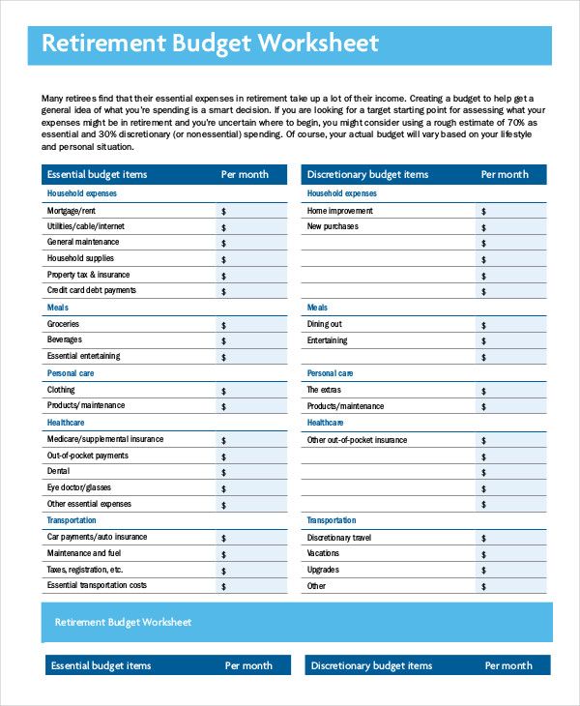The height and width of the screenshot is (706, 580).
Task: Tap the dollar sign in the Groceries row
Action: (x=223, y=325)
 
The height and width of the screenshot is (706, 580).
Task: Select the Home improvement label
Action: (x=340, y=210)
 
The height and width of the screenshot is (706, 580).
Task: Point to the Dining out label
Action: (x=325, y=324)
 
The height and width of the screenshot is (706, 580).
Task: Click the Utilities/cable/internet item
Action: (x=86, y=226)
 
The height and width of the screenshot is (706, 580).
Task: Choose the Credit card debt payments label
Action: (x=92, y=290)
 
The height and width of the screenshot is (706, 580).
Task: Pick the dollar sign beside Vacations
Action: (x=483, y=554)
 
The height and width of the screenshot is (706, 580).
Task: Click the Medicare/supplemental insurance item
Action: (x=105, y=439)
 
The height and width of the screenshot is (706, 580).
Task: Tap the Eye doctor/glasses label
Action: (x=79, y=487)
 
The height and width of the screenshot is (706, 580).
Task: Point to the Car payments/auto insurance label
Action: (x=98, y=537)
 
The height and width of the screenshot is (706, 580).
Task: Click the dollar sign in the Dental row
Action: (x=223, y=472)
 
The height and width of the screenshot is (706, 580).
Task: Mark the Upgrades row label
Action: (x=323, y=570)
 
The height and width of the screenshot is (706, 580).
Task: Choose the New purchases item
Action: (x=333, y=226)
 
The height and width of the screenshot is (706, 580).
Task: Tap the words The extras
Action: (x=325, y=390)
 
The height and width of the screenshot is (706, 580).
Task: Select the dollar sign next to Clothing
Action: (x=223, y=391)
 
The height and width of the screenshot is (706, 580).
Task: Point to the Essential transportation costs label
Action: (x=98, y=585)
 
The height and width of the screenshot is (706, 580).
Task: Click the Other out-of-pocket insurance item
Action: (x=358, y=440)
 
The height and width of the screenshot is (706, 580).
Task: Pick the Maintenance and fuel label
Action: (x=84, y=553)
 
